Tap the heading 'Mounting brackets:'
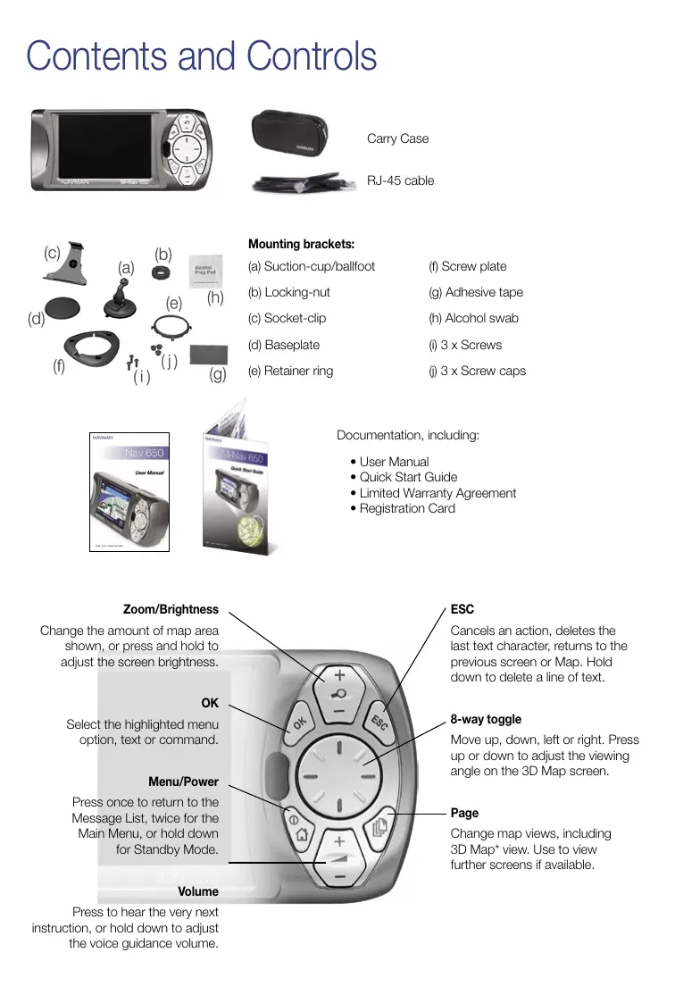point(301,244)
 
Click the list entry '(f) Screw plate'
point(467,266)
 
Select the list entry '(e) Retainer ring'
point(290,371)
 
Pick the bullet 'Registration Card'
point(407,508)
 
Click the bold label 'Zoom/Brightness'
point(171,609)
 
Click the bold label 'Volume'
point(197,891)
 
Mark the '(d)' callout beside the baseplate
point(37,318)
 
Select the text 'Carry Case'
point(397,138)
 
